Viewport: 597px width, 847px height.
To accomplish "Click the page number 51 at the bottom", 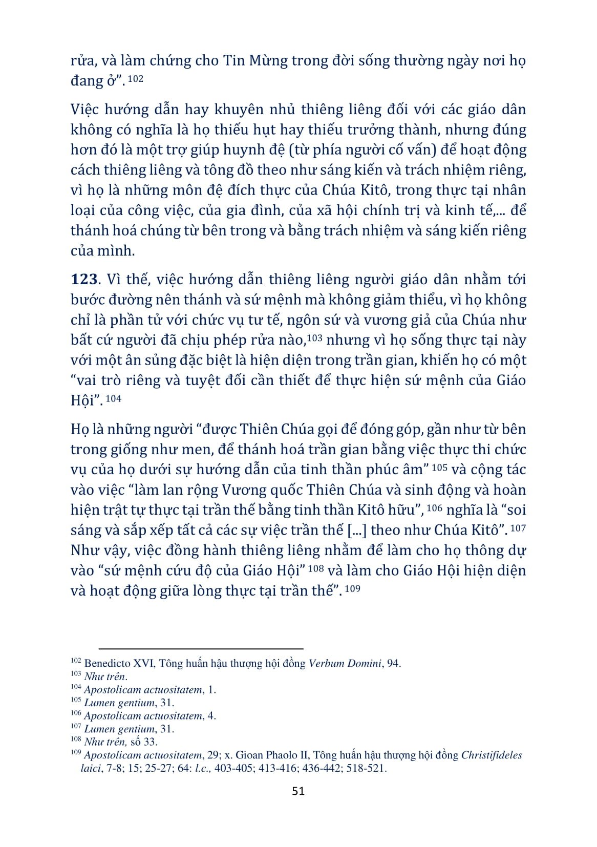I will point(298,791).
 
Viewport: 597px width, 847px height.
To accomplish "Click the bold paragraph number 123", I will point(84,280).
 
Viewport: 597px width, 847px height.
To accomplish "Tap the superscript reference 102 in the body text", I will point(136,79).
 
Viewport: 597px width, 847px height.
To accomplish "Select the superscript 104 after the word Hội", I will point(113,398).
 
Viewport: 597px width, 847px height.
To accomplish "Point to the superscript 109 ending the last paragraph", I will point(352,588).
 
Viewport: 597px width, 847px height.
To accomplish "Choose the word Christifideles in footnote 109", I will point(492,755).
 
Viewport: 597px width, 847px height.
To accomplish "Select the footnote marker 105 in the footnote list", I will point(76,700).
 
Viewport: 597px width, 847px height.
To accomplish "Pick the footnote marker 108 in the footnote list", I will point(76,739).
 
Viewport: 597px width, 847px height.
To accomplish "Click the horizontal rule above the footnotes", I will point(201,648).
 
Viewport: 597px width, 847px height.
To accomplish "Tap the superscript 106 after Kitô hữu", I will point(434,508).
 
